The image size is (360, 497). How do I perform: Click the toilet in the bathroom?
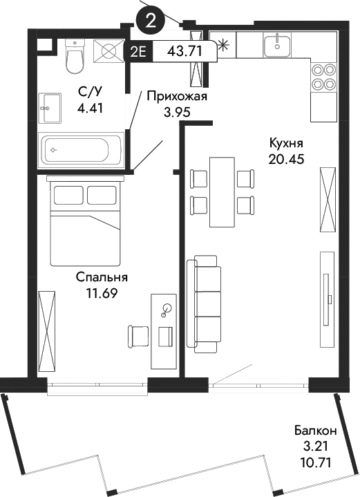click(74, 57)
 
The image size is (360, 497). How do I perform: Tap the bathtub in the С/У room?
click(81, 148)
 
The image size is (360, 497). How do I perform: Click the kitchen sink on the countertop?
click(279, 45)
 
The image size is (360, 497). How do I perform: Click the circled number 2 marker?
click(151, 20)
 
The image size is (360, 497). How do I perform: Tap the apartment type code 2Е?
click(138, 50)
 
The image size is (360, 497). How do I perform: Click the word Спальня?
click(102, 277)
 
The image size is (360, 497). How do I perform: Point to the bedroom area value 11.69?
click(102, 292)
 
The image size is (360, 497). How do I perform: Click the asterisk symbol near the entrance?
click(223, 47)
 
